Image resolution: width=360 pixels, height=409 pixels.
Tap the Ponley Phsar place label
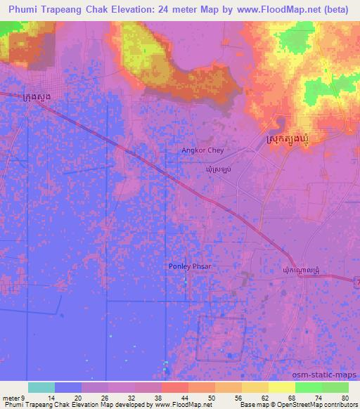click(x=190, y=266)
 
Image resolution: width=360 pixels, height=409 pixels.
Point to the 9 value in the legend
click(x=22, y=397)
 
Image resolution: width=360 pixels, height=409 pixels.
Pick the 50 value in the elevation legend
click(x=210, y=397)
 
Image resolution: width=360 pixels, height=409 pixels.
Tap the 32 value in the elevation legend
click(x=130, y=397)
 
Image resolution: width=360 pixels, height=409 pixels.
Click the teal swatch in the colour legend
click(x=41, y=387)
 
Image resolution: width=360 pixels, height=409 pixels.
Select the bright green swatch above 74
click(x=309, y=387)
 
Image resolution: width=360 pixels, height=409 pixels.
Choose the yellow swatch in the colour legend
click(x=282, y=387)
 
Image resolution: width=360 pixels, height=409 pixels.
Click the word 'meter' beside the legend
click(x=10, y=397)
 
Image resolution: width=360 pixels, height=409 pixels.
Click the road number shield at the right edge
click(x=356, y=279)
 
